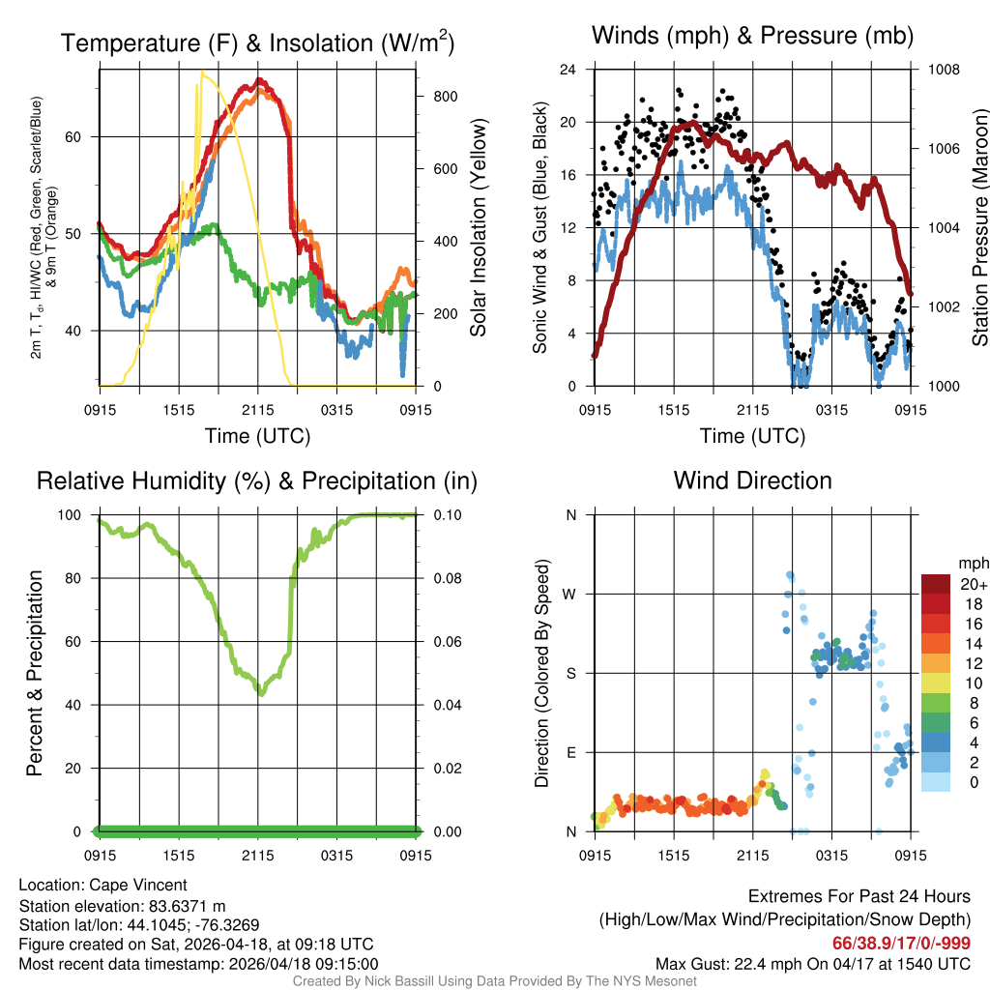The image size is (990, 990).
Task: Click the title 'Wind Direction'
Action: pos(752,480)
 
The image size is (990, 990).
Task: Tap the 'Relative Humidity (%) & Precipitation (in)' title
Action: pos(256,480)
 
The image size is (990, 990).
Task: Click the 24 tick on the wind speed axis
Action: pos(568,70)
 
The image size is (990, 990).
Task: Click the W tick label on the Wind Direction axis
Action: pos(570,594)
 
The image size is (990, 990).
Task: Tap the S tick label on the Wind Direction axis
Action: pos(570,673)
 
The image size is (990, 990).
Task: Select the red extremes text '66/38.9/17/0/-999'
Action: pos(901,943)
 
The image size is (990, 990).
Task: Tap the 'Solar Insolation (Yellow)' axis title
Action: pos(478,228)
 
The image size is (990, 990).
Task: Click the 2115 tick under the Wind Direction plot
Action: pos(752,855)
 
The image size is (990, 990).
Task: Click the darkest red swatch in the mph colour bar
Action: pos(935,583)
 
